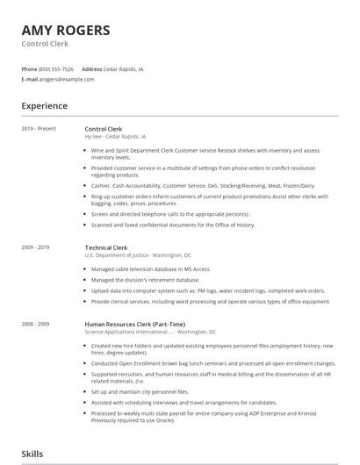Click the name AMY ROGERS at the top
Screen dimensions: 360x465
(x=66, y=30)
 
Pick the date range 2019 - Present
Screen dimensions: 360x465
(x=39, y=129)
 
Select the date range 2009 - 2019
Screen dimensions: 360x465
(x=37, y=248)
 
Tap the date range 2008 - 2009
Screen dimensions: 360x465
(x=37, y=325)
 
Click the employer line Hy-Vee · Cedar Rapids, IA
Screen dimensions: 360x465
(x=115, y=137)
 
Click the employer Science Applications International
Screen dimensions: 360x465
(x=127, y=333)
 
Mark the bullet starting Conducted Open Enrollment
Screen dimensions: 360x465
(x=211, y=362)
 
